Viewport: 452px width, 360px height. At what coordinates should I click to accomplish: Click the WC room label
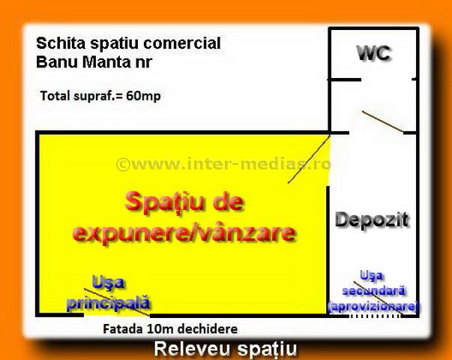coord(374,53)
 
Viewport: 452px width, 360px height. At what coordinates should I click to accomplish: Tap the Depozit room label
coord(372,220)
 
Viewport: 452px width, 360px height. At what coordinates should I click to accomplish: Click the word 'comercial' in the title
coord(182,43)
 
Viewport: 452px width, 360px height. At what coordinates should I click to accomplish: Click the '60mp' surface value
coord(143,96)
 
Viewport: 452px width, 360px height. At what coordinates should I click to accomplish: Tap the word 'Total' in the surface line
coord(55,96)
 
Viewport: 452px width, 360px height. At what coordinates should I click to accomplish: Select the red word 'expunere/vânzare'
coord(184,233)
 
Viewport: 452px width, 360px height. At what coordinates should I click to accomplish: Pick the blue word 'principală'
coord(109,303)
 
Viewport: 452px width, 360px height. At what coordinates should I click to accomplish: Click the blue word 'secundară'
coord(374,291)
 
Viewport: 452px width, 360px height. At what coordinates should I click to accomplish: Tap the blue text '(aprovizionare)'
coord(373,306)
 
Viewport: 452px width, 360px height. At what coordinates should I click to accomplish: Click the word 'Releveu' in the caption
coord(193,349)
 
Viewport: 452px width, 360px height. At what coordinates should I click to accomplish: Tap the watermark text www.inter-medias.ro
coord(223,164)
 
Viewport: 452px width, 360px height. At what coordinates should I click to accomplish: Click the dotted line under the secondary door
coord(376,316)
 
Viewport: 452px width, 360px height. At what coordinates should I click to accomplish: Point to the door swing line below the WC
coord(382,121)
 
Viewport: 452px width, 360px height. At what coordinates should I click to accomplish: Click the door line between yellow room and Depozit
coord(309,159)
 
